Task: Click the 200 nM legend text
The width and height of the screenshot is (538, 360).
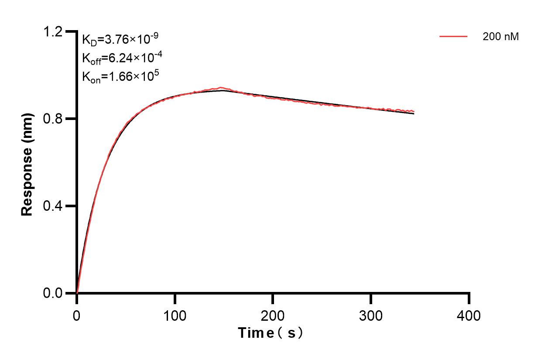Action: [x=500, y=37]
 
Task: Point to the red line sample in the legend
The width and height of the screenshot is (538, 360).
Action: [x=453, y=37]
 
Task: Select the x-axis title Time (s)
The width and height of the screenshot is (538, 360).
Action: [x=270, y=333]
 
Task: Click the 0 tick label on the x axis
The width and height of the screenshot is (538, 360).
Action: [x=77, y=315]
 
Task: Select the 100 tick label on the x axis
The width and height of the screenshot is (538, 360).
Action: [x=175, y=315]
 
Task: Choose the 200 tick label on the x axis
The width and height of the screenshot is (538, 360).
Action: [x=273, y=315]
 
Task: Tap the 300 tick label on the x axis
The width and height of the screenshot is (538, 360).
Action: [x=371, y=315]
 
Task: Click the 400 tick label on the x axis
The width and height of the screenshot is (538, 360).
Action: [x=469, y=315]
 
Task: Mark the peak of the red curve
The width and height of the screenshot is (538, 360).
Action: [x=221, y=88]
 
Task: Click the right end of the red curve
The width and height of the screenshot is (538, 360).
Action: [x=414, y=111]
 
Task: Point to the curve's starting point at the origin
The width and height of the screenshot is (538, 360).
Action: [x=77, y=293]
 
